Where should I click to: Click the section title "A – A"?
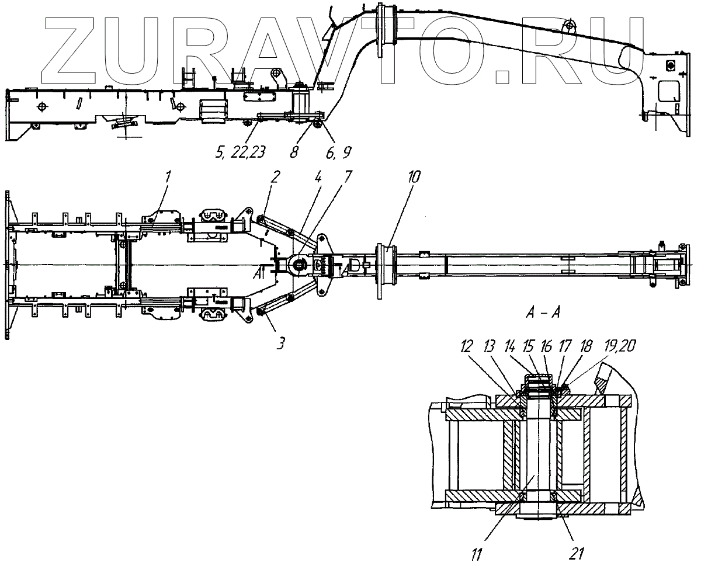[x=543, y=314]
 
